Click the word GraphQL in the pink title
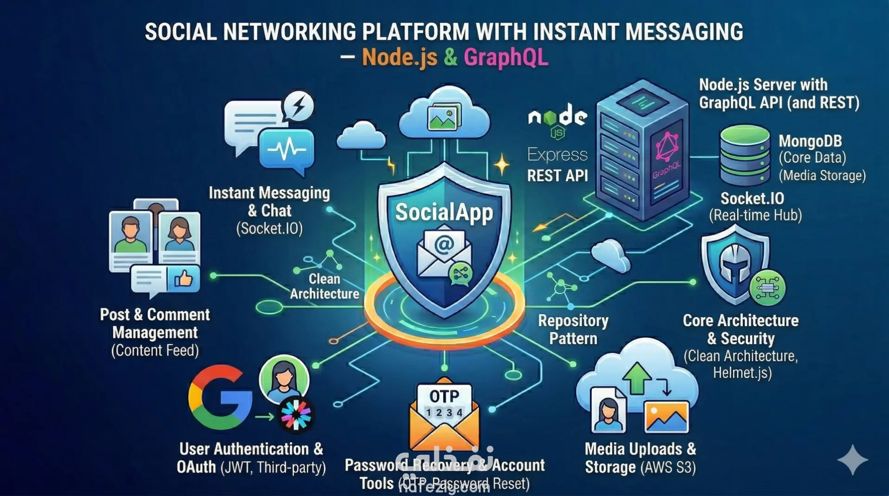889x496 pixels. [x=506, y=57]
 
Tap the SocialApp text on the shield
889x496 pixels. [x=444, y=212]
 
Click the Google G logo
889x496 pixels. [x=220, y=397]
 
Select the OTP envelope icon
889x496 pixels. [x=444, y=416]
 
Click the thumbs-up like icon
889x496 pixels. [x=183, y=278]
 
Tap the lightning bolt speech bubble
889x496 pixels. [x=299, y=106]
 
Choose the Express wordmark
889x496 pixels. [x=557, y=155]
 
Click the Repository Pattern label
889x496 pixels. [x=573, y=329]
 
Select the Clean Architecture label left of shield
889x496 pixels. [x=325, y=286]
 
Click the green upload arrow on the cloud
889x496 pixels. [x=637, y=377]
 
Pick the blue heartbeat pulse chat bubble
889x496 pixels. [x=287, y=150]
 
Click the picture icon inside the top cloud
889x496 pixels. [x=444, y=117]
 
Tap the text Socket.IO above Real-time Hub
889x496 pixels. [x=752, y=198]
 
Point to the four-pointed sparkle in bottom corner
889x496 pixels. [x=852, y=459]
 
